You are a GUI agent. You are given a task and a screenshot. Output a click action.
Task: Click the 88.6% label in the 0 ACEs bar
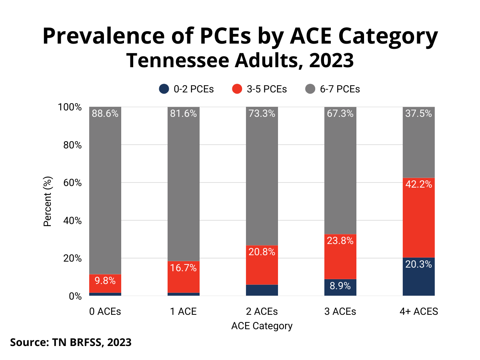[105, 114]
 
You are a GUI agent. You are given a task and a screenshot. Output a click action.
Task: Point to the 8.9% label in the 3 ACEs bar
[340, 286]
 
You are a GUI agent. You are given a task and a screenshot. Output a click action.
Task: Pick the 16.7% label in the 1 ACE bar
[183, 268]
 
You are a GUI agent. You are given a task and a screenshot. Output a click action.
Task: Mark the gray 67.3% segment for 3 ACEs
[340, 172]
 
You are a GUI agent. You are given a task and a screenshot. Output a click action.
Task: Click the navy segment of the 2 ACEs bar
[262, 290]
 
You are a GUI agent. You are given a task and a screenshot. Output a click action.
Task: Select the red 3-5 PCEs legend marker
[237, 89]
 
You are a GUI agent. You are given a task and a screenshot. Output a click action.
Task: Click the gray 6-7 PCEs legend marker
[310, 89]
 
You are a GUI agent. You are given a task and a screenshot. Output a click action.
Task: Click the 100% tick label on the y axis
[70, 107]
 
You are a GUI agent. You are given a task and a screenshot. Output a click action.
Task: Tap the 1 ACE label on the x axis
[183, 311]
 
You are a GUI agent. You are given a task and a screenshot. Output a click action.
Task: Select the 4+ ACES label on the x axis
[418, 311]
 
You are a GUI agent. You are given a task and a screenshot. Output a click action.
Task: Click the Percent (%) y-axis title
[48, 201]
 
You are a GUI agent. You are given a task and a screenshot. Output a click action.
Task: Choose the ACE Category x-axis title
[262, 326]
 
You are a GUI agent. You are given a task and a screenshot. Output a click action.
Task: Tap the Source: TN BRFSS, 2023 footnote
[71, 342]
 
